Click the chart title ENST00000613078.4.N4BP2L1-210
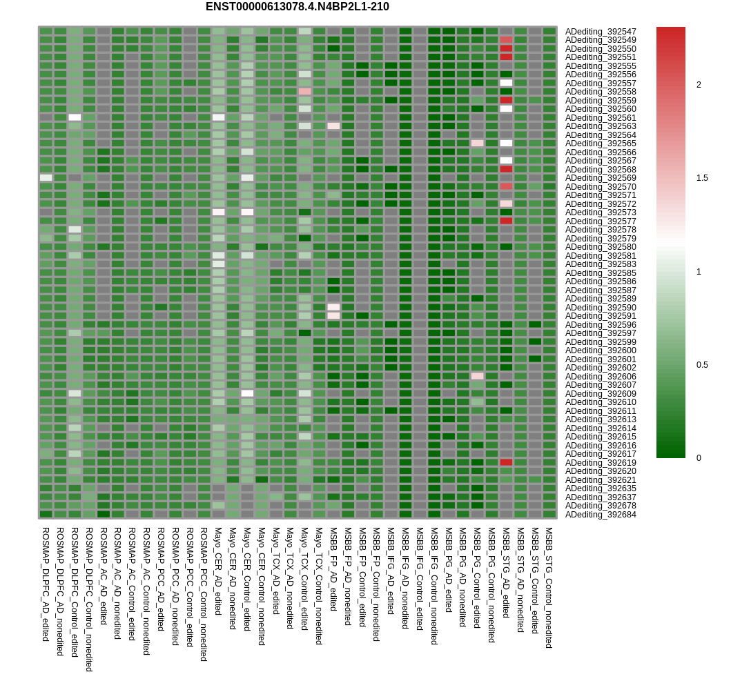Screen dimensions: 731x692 coord(297,7)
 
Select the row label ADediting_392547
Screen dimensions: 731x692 coord(601,32)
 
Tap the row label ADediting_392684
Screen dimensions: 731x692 coord(601,515)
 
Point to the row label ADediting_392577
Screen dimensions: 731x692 coord(601,221)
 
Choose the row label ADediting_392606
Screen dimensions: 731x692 coord(601,377)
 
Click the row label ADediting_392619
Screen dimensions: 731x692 coord(601,463)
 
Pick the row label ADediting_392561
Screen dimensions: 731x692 coord(601,118)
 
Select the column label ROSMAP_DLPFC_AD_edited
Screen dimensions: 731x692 coord(46,584)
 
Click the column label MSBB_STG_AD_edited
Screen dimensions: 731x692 coord(506,573)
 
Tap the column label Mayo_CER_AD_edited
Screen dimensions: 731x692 coord(218,571)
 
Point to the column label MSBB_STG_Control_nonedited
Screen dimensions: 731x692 coord(549,588)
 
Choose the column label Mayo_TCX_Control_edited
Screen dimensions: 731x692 coord(304,579)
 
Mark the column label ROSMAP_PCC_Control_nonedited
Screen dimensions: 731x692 coord(204,594)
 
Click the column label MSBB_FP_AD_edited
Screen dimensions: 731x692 coord(333,569)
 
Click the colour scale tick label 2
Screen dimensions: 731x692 coord(699,85)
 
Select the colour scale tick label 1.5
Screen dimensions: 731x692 coord(701,178)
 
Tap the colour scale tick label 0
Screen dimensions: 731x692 coord(699,458)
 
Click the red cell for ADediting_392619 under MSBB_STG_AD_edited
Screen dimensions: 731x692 coord(506,462)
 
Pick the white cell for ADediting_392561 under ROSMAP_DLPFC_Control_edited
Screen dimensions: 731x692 coord(75,117)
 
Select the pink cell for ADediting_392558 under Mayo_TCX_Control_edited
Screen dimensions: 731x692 coord(305,91)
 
